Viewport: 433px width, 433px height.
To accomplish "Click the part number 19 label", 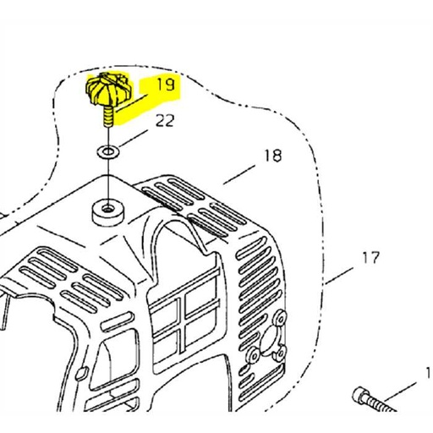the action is tap(166, 85).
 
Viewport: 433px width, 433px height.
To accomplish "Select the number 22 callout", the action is tap(165, 121).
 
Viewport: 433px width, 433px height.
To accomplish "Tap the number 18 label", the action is tap(273, 156).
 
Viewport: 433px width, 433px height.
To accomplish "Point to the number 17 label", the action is tap(370, 258).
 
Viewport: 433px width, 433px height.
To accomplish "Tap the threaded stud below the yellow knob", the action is tap(108, 117).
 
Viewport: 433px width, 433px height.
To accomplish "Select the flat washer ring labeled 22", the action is tap(108, 152).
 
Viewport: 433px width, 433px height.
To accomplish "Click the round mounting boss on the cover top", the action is tap(108, 212).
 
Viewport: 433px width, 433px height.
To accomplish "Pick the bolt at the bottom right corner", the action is tap(375, 400).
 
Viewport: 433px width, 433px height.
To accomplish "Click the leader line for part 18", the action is tap(239, 175).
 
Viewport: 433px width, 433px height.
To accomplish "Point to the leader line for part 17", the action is tap(338, 276).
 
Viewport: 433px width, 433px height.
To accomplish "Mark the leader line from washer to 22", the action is tap(134, 138).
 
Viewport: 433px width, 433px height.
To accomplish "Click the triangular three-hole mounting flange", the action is tap(267, 338).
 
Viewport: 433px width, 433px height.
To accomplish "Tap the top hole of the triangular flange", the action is tap(281, 318).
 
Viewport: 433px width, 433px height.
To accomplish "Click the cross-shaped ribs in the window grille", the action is tap(184, 320).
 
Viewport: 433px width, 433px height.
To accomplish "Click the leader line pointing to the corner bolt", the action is tap(400, 391).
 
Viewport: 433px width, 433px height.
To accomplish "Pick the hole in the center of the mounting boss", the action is tap(108, 209).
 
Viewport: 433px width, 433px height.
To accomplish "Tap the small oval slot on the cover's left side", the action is tap(82, 374).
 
